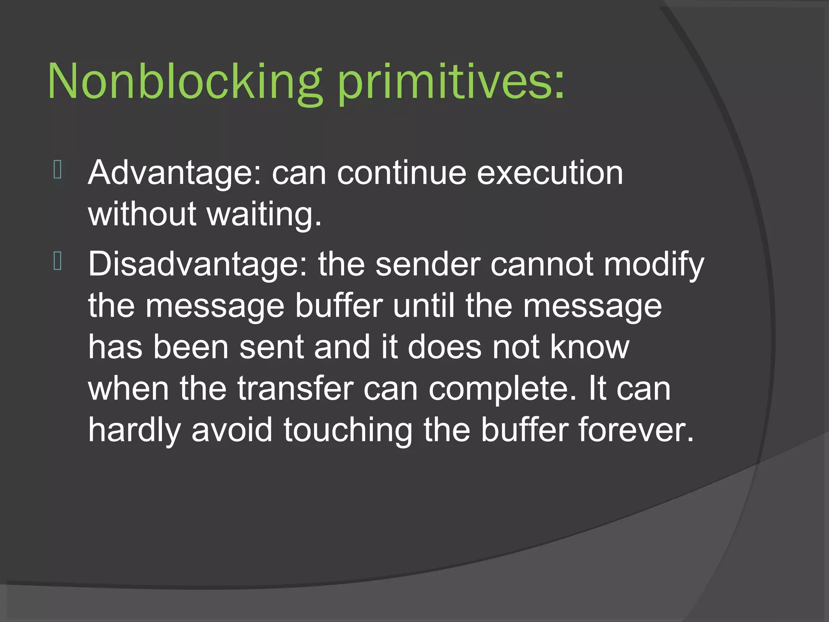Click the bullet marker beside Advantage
(x=57, y=170)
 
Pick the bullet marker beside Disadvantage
(x=57, y=261)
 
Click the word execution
(x=550, y=173)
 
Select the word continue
(x=402, y=173)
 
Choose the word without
(x=142, y=215)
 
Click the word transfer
(x=295, y=389)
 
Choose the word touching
(x=348, y=430)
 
